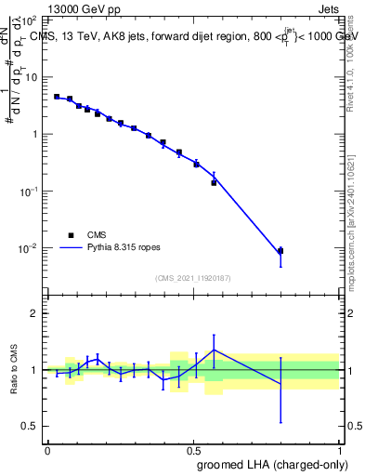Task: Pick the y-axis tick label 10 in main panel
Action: [32, 77]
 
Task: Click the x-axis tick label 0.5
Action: [193, 450]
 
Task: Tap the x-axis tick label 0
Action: [47, 450]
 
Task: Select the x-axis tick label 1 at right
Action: [340, 450]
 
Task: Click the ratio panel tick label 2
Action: [35, 313]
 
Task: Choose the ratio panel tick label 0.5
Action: [32, 426]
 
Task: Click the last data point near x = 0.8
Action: [280, 251]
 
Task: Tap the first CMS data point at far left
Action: [57, 96]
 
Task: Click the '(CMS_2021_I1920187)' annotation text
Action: [192, 277]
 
